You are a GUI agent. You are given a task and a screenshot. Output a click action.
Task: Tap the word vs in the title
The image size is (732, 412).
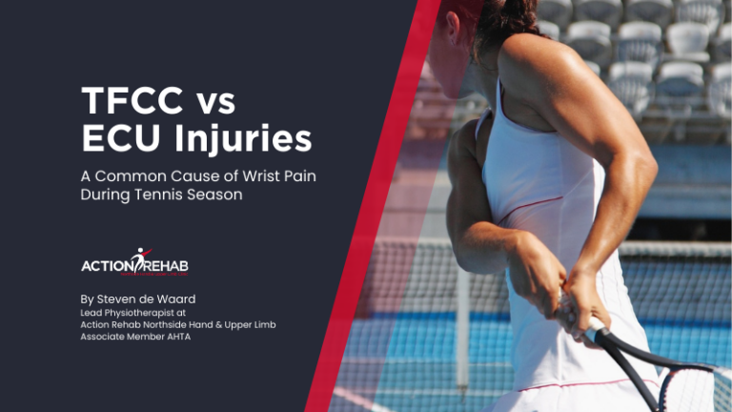coord(212,101)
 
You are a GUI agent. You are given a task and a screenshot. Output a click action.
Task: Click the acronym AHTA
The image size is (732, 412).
coord(174,338)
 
